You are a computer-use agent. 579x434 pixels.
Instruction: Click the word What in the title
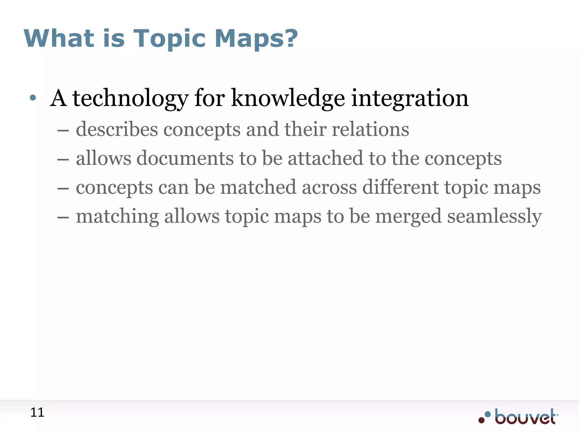[x=59, y=38]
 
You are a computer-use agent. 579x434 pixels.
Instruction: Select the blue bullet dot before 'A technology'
[x=33, y=98]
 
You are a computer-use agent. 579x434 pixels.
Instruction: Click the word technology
[x=130, y=99]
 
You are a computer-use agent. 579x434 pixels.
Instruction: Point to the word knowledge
[x=288, y=99]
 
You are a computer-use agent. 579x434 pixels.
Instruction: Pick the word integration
[x=410, y=99]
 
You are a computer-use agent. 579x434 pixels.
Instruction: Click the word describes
[x=117, y=129]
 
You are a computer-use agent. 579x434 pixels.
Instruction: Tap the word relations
[x=370, y=129]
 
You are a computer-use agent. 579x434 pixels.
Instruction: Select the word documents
[x=185, y=159]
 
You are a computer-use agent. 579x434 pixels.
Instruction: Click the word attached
[x=325, y=159]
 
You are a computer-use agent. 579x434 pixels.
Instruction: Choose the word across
[x=329, y=188]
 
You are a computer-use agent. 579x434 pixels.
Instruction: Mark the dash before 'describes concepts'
[x=63, y=131]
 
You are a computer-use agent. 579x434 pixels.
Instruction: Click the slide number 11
[x=37, y=413]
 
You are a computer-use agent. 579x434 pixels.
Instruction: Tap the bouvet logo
[x=518, y=417]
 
